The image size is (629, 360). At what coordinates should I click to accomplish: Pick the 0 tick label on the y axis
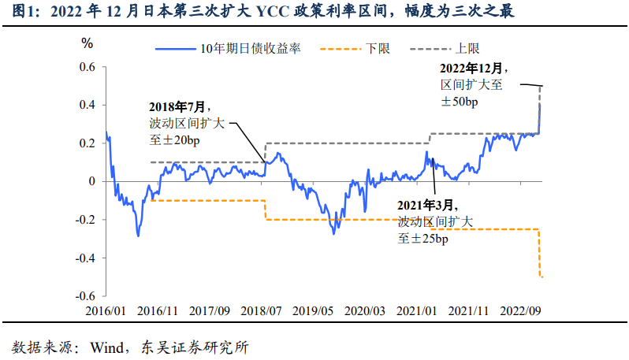coord(91,181)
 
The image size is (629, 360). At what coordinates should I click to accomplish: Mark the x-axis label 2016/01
coord(106,311)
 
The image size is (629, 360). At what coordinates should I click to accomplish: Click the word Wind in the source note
coord(106,346)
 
